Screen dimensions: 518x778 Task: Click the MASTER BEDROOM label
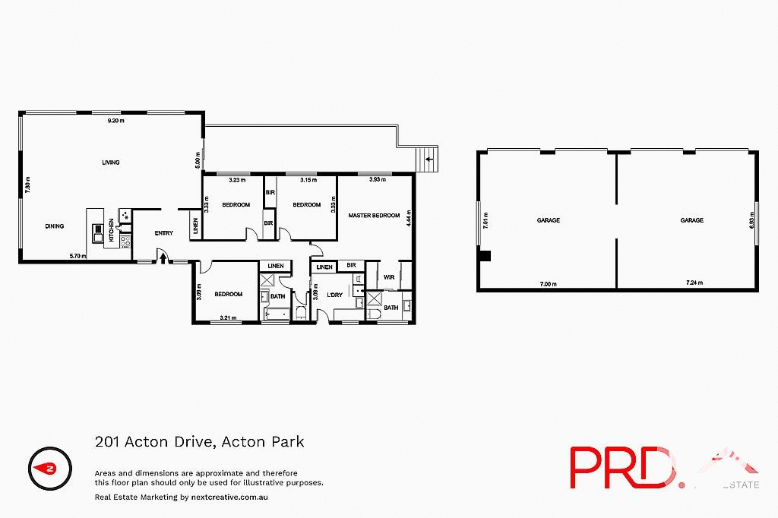[x=374, y=216]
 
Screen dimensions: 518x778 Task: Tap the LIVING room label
[x=112, y=163]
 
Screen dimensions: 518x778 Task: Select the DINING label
[x=54, y=226]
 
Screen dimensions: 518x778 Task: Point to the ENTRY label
[x=164, y=233]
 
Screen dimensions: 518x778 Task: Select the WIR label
[x=388, y=277]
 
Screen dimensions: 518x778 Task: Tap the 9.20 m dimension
[x=115, y=122]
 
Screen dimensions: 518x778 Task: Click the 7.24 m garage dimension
[x=693, y=283]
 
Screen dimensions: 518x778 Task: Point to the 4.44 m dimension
[x=409, y=220]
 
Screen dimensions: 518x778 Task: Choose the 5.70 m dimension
[x=77, y=256]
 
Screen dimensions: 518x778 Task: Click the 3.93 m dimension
[x=377, y=180]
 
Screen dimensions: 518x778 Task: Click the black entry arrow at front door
[x=163, y=259]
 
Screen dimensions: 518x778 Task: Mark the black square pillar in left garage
[x=486, y=256]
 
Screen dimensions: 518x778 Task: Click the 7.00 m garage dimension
[x=548, y=283]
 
